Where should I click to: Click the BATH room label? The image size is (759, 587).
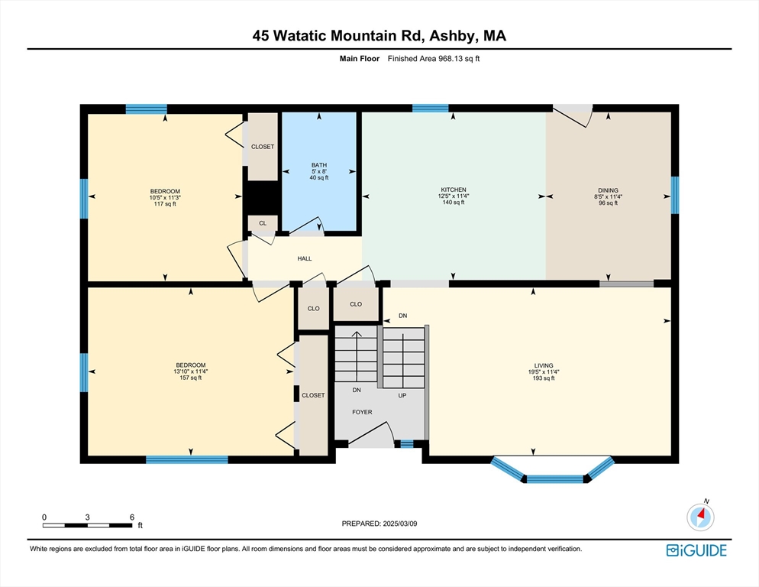[319, 165]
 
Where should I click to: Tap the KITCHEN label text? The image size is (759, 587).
[454, 190]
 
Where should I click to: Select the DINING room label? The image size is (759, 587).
[608, 190]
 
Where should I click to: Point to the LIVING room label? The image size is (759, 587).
[544, 365]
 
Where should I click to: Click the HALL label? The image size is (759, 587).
[305, 258]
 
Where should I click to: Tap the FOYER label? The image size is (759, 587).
[362, 412]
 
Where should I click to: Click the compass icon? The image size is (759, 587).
[700, 517]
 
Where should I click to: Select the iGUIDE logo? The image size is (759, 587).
[696, 550]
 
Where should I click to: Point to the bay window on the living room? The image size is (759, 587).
[553, 472]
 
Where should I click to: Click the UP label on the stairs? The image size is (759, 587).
[402, 395]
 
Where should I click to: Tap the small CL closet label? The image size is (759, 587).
[263, 223]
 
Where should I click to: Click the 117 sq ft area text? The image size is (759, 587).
[165, 204]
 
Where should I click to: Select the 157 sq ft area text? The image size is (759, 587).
[191, 378]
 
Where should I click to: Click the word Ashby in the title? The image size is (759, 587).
[447, 36]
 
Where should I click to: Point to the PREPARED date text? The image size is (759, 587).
[379, 524]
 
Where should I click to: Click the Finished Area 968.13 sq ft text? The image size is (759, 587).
[434, 59]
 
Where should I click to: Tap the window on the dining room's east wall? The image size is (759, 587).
[675, 195]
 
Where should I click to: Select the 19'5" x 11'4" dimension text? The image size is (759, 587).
[544, 371]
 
